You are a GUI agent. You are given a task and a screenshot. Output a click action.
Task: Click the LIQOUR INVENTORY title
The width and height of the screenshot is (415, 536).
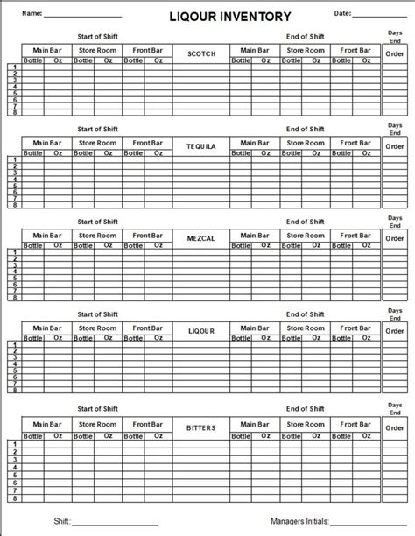point(207,15)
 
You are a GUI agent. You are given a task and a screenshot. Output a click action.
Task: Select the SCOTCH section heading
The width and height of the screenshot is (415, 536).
point(201,53)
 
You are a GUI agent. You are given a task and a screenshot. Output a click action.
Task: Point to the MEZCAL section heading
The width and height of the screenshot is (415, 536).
point(201,238)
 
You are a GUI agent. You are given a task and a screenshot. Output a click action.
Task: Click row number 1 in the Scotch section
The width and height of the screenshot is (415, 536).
point(14,67)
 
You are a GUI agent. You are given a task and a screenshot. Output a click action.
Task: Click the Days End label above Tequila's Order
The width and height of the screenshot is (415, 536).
point(395,129)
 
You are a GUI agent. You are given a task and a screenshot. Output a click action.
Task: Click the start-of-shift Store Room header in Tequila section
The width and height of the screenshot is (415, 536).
point(97,142)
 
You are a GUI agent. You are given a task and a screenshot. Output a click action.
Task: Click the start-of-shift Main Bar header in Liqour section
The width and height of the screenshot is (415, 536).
point(47,326)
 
